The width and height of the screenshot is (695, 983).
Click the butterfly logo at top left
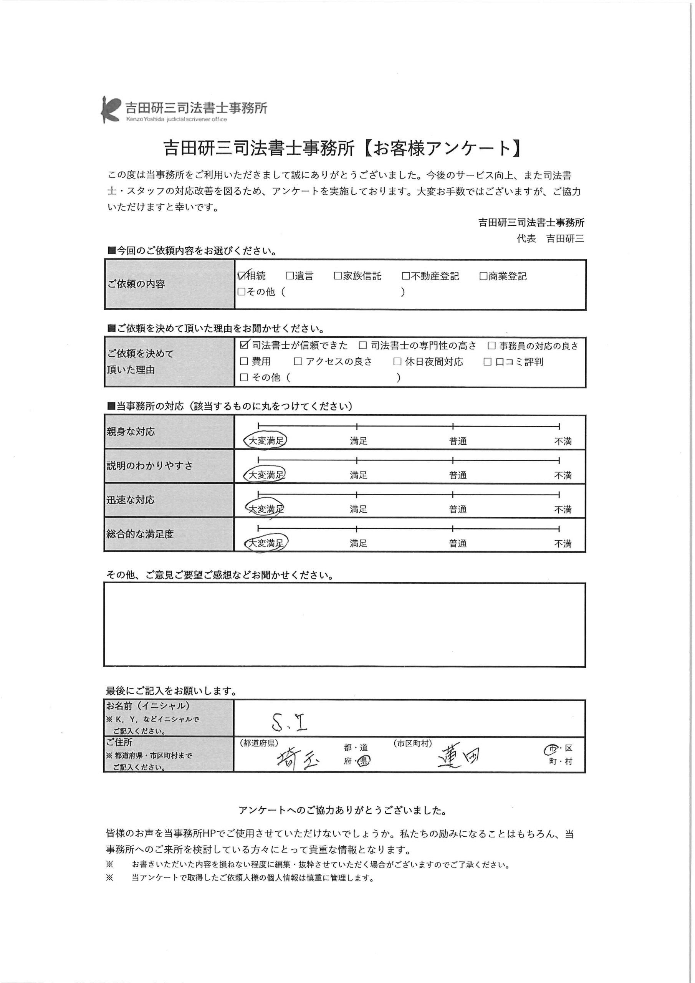click(x=110, y=109)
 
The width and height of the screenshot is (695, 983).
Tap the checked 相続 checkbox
click(x=242, y=276)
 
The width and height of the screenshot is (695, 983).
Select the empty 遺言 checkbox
click(x=290, y=276)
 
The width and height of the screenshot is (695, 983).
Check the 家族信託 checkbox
click(x=338, y=276)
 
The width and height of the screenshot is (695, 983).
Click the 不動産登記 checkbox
click(x=406, y=276)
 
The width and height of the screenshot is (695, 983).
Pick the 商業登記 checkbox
click(x=483, y=276)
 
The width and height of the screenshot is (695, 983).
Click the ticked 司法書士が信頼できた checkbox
click(x=245, y=345)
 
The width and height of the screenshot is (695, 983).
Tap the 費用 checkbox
click(x=244, y=361)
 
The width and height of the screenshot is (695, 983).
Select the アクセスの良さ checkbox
click(x=298, y=361)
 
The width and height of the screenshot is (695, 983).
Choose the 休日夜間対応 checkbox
click(x=397, y=362)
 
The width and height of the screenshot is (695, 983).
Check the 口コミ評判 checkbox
click(x=487, y=362)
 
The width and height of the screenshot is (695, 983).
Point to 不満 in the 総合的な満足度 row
click(x=563, y=544)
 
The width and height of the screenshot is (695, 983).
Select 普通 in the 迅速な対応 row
click(x=457, y=510)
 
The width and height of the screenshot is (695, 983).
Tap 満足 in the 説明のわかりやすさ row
click(x=358, y=475)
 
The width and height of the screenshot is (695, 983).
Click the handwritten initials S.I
click(x=290, y=723)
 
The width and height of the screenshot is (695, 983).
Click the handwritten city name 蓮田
click(x=458, y=757)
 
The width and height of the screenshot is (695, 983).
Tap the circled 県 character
click(x=364, y=761)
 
